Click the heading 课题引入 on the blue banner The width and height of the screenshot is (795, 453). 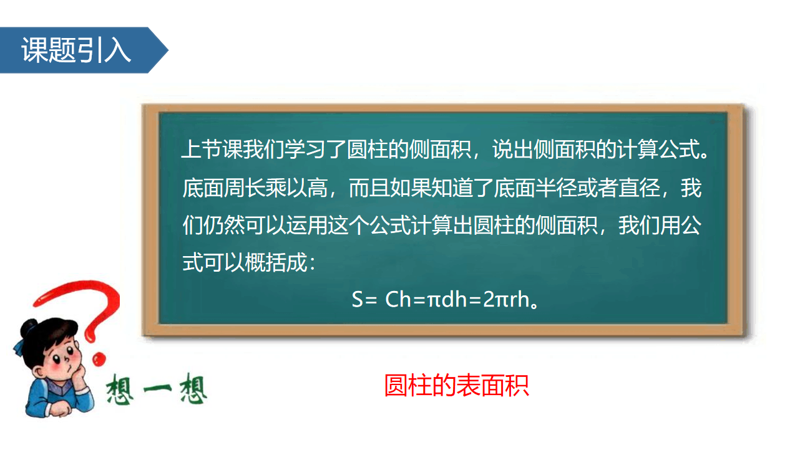pos(76,50)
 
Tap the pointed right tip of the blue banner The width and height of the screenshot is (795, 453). pos(168,50)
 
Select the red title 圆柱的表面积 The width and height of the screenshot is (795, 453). pos(457,385)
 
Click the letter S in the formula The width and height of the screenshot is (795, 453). pos(357,299)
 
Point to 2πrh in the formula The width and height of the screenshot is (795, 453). pos(507,299)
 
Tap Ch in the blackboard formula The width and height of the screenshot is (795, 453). pos(397,299)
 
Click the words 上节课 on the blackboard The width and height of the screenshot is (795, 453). pos(212,149)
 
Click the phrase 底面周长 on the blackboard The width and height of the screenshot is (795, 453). pos(223,188)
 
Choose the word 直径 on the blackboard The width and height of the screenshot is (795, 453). pos(639,188)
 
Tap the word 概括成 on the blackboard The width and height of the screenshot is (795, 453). pos(276,263)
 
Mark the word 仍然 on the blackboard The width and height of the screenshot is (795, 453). pos(224,226)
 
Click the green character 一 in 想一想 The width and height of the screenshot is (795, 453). pos(157,389)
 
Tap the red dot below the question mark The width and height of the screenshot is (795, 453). pos(99,359)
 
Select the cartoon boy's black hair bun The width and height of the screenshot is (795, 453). pos(28,328)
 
